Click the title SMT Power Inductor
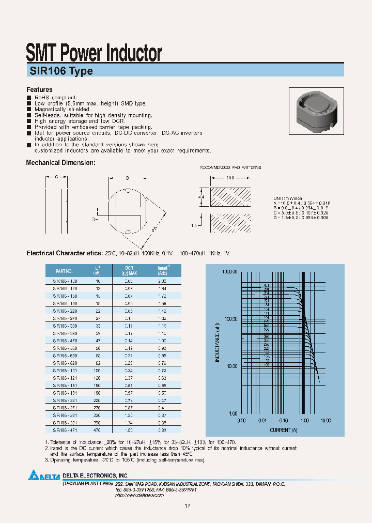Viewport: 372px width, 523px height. pyautogui.click(x=94, y=53)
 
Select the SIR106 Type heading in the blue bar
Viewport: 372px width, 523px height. pyautogui.click(x=59, y=71)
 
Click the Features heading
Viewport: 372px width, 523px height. pyautogui.click(x=39, y=89)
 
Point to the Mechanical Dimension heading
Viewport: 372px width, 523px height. pyautogui.click(x=60, y=163)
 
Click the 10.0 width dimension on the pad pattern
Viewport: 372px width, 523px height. pyautogui.click(x=230, y=177)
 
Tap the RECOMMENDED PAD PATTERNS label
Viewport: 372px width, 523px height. pyautogui.click(x=230, y=168)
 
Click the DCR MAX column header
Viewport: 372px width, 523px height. pyautogui.click(x=129, y=271)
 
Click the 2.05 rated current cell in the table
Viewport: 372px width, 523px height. pyautogui.click(x=162, y=281)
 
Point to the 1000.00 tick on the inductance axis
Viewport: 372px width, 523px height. pyautogui.click(x=229, y=272)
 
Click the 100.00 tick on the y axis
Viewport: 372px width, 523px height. pyautogui.click(x=230, y=319)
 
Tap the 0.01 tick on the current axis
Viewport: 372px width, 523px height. pyautogui.click(x=263, y=421)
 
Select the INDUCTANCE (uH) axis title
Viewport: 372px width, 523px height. pyautogui.click(x=219, y=342)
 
